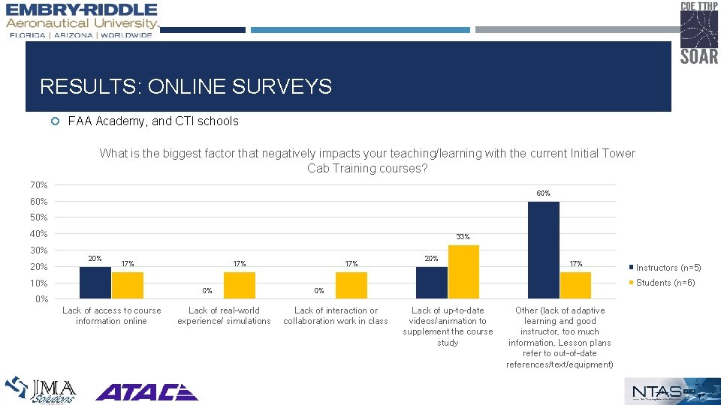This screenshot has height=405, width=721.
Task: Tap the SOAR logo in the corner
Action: coord(698,33)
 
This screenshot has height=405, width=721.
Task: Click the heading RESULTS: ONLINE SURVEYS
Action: coord(186,87)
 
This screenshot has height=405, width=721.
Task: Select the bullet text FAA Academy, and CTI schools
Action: coord(153,121)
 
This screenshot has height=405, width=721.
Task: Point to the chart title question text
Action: coord(367,160)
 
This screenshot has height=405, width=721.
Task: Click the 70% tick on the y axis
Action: coord(38,185)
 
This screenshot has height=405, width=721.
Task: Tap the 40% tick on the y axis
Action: coord(38,234)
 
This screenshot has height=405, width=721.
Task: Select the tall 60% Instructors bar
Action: coord(543,250)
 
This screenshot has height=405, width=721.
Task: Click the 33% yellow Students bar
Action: coord(463,271)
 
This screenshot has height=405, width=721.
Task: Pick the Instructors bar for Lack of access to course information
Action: coord(95,283)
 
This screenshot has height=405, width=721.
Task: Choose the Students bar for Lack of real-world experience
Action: coord(240,285)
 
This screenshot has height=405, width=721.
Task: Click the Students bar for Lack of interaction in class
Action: coord(351,285)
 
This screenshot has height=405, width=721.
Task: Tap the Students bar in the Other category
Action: coord(575,285)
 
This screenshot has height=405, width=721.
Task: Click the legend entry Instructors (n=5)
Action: coord(668,268)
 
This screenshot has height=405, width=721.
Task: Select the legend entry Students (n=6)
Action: coord(665,283)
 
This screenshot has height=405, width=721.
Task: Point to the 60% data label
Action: coord(543,193)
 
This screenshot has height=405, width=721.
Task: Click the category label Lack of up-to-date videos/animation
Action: coord(448,326)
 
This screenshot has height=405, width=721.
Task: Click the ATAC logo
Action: coord(146,391)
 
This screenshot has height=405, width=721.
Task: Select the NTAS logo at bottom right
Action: coord(667,391)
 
